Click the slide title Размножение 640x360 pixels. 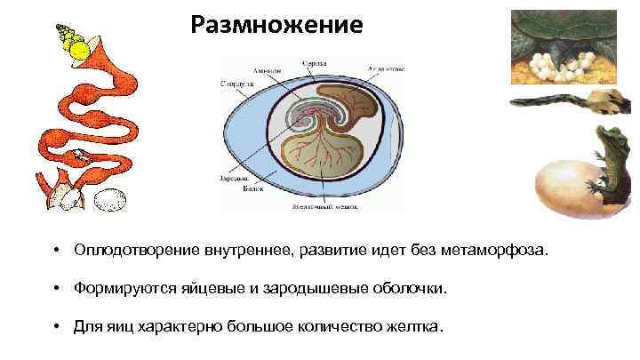276,24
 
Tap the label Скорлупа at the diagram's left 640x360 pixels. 234,83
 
